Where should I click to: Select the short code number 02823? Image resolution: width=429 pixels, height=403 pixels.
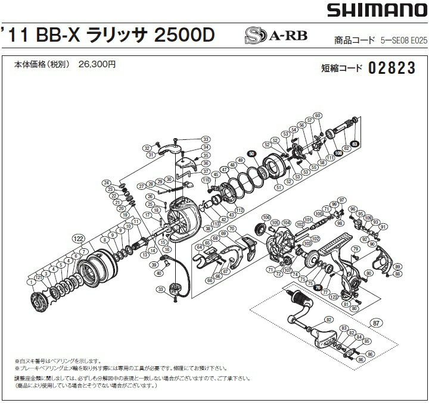pos(391,67)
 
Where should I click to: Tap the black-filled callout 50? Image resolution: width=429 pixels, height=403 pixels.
pos(252,154)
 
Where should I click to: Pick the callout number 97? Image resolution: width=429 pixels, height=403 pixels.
pos(341,199)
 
